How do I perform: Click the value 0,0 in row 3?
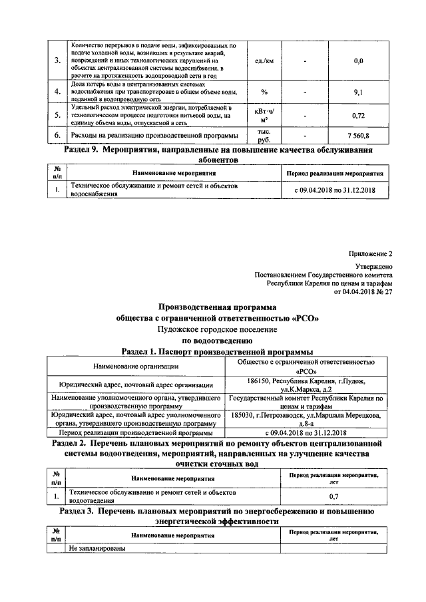(x=358, y=61)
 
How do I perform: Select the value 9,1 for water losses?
(x=358, y=92)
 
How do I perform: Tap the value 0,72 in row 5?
(x=358, y=116)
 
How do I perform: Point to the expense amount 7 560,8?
(x=358, y=136)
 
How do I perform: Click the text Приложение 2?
(x=371, y=253)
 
